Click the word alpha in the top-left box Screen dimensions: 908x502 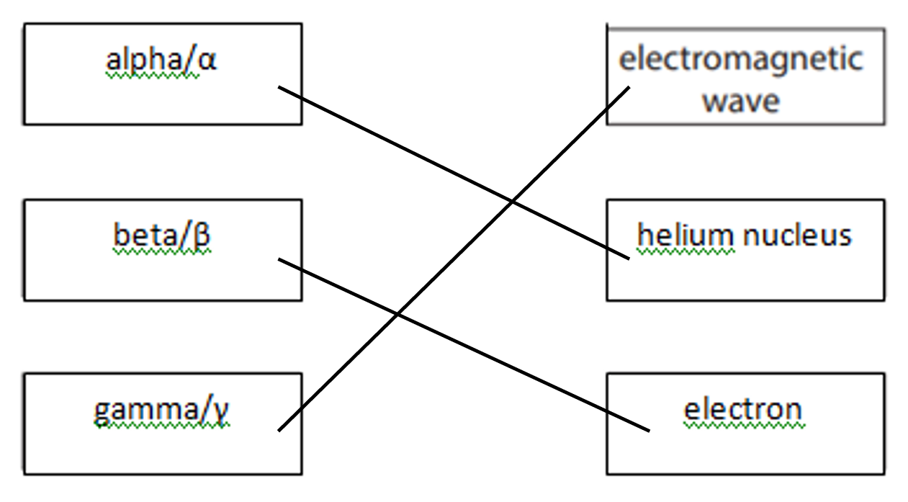click(144, 61)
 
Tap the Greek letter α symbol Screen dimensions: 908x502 click(207, 61)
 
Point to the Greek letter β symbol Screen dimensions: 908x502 click(202, 236)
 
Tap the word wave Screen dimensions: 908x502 click(741, 102)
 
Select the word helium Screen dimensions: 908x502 click(686, 235)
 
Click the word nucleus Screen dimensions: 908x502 click(797, 236)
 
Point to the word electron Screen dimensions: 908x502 click(742, 410)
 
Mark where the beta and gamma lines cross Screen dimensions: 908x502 click(397, 314)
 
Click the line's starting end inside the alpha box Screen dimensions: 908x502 click(279, 86)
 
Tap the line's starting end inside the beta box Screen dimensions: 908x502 click(279, 259)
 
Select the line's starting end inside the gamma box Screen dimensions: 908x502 click(279, 430)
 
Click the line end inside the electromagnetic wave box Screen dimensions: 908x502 click(629, 87)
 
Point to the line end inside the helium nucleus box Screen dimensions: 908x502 click(629, 258)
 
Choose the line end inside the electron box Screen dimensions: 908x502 click(649, 431)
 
